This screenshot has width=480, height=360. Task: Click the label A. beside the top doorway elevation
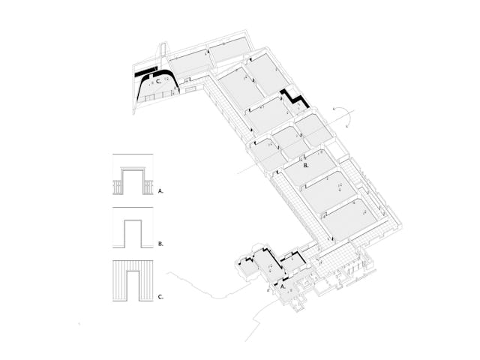[x=160, y=191]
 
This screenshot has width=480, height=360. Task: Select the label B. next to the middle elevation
[x=160, y=244]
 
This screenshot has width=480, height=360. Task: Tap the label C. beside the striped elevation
[x=160, y=297]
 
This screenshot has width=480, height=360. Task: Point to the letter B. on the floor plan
[x=307, y=163]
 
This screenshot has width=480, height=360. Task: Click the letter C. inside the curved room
[x=159, y=82]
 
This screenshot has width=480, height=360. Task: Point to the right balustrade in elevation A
[x=147, y=187]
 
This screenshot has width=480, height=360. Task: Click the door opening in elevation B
[x=132, y=233]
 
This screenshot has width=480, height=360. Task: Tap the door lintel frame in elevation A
[x=132, y=169]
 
